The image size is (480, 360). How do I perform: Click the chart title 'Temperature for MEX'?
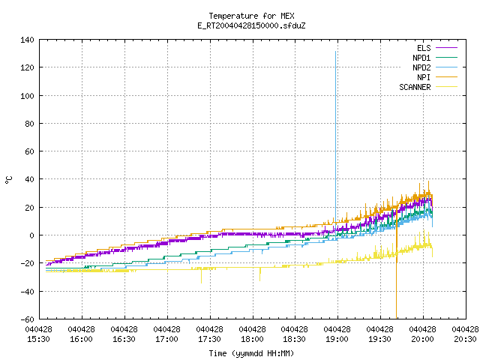pos(251,16)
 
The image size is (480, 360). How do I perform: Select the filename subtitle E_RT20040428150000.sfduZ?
pos(251,25)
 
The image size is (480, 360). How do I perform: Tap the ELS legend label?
pos(424,48)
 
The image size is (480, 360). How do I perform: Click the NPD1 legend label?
pos(421,58)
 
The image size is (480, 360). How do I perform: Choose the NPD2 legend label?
pos(421,67)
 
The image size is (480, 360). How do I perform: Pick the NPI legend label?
pos(424,77)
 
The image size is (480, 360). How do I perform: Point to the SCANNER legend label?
pos(415,87)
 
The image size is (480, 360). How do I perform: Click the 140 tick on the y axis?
pos(27,40)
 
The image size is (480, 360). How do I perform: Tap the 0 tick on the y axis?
pos(31,235)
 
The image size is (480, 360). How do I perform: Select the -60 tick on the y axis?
pos(27,319)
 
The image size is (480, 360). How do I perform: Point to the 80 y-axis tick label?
pos(30,124)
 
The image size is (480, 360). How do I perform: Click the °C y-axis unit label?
pos(8,180)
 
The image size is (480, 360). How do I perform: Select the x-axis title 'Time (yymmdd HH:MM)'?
pos(251,353)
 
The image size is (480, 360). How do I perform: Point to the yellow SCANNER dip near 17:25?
pos(201,275)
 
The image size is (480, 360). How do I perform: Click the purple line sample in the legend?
pos(446,48)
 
